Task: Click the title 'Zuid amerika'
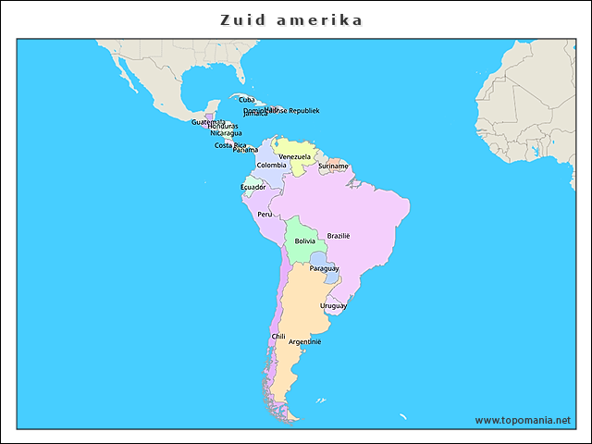(x=291, y=19)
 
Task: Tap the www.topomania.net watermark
(x=523, y=420)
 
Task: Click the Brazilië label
(x=339, y=236)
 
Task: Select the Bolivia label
(x=304, y=241)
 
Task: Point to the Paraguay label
(x=324, y=268)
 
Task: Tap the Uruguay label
(x=333, y=305)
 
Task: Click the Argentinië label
(x=304, y=341)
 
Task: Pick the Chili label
(x=278, y=337)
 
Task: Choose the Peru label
(x=265, y=215)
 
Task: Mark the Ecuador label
(x=253, y=187)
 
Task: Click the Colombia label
(x=271, y=166)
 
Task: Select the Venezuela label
(x=295, y=156)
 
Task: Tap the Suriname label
(x=333, y=166)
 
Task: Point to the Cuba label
(x=247, y=99)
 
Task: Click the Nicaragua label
(x=226, y=133)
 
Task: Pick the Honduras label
(x=223, y=126)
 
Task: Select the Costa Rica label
(x=230, y=145)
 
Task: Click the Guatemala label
(x=208, y=121)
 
